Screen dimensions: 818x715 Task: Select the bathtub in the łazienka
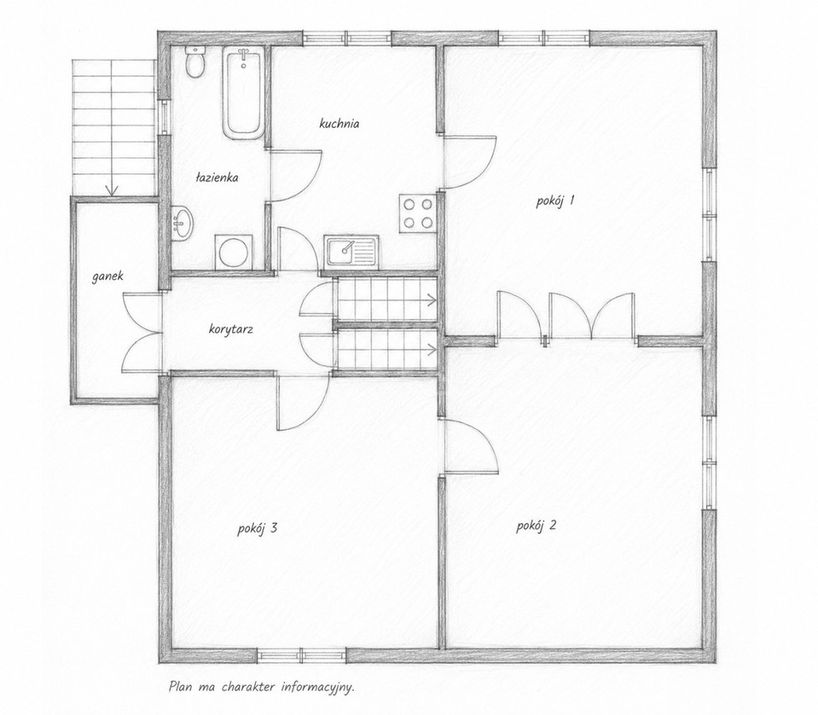[243, 93]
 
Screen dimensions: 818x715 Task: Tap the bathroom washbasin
[181, 223]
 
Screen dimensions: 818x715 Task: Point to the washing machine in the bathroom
[233, 253]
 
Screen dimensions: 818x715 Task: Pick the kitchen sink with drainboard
[352, 252]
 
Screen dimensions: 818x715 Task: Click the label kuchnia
[339, 124]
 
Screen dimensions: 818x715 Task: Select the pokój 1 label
[555, 201]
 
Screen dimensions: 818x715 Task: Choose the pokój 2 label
[537, 526]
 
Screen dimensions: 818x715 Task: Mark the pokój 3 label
[258, 529]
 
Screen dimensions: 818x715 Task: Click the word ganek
[108, 276]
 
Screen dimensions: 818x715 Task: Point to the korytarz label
[231, 330]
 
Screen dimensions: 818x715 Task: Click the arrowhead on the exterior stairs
[111, 191]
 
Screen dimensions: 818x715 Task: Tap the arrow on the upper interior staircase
[388, 300]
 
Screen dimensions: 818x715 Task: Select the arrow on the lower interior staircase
[388, 350]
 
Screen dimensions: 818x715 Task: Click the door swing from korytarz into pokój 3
[303, 401]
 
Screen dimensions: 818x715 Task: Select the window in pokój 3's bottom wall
[301, 655]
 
